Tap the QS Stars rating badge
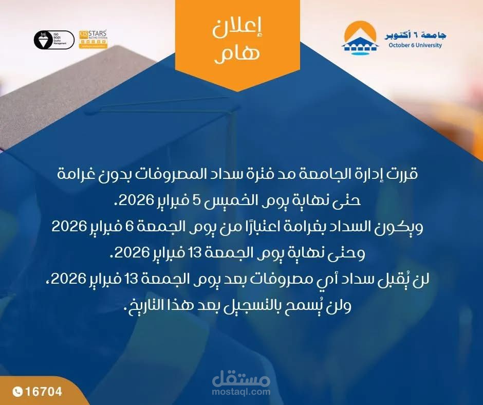93,40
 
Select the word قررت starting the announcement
404,174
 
